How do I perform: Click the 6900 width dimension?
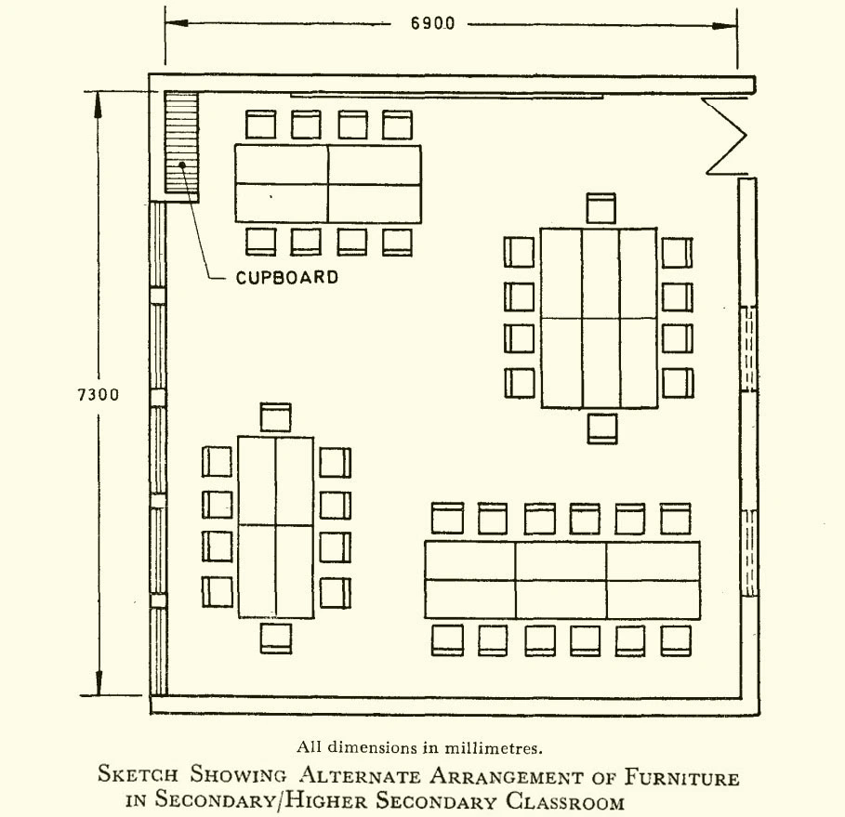[433, 21]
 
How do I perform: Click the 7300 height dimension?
[98, 394]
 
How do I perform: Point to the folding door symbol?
[726, 136]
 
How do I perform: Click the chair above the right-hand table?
[601, 208]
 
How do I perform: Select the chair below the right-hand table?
[602, 428]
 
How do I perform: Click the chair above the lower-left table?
[276, 417]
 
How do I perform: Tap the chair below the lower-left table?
[276, 638]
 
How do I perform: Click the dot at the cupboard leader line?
[184, 165]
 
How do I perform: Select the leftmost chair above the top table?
[260, 125]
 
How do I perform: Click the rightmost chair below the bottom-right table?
[676, 639]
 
